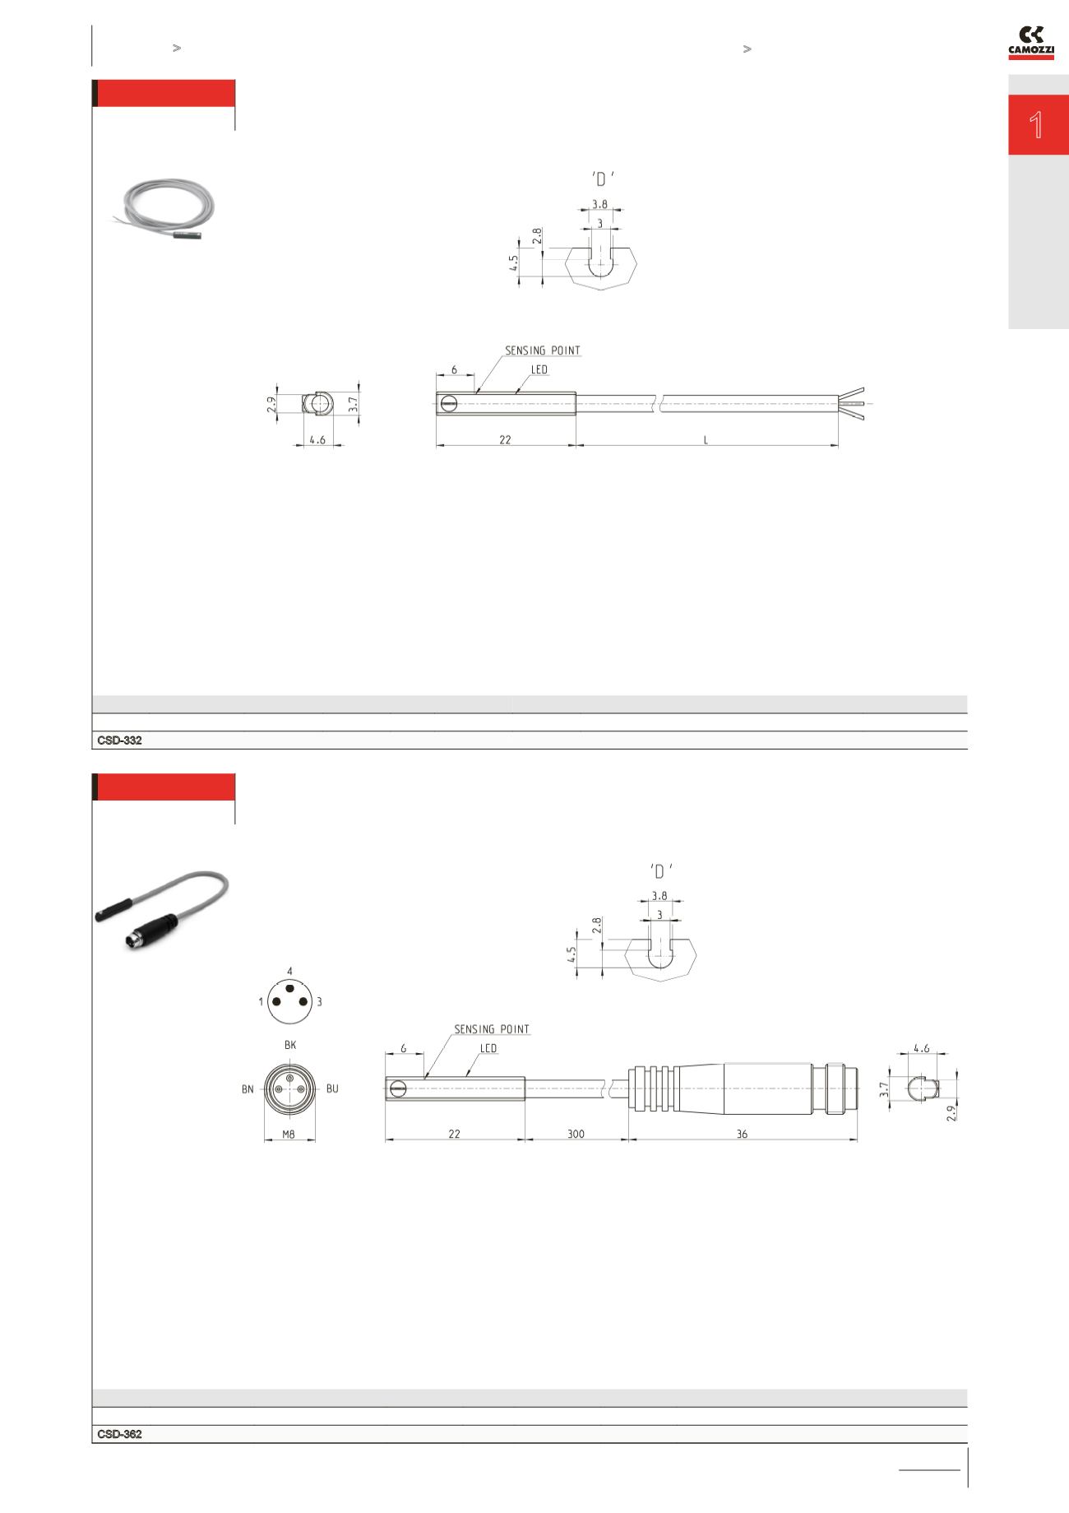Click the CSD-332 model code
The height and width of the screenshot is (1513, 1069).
(119, 740)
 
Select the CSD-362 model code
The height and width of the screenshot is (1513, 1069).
(119, 1434)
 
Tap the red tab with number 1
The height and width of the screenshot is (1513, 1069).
(1038, 125)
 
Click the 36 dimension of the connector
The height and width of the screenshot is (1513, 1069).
(742, 1134)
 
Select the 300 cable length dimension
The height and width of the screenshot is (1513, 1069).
(576, 1134)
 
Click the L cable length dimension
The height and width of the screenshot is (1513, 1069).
(706, 440)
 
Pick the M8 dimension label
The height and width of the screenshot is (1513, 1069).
(289, 1134)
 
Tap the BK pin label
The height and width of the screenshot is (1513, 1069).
(289, 1045)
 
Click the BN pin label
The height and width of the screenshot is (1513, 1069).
(248, 1089)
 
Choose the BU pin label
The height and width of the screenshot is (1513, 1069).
(332, 1088)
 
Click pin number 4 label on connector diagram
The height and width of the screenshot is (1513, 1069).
(289, 972)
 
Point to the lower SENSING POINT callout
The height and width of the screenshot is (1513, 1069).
(492, 1029)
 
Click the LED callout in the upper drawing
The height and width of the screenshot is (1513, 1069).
(539, 370)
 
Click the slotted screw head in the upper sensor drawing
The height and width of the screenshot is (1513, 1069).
(448, 403)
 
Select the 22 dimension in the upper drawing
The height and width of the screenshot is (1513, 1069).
(505, 440)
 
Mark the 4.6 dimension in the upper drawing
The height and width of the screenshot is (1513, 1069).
(317, 440)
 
